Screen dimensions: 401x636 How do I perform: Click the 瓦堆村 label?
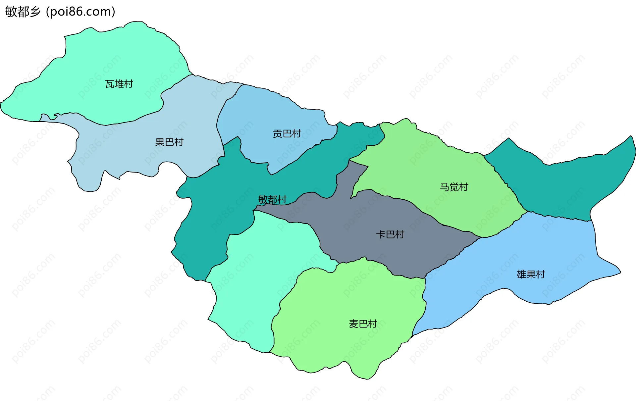point(119,84)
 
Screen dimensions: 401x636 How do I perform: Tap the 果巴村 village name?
point(169,142)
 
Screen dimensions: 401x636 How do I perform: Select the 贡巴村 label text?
point(287,133)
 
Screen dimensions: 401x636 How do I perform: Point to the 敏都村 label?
point(272,199)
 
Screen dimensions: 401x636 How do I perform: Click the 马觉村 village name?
point(454,187)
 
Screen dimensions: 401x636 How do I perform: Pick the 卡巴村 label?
point(390,234)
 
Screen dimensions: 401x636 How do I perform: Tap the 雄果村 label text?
point(531,274)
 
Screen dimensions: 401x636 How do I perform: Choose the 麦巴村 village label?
point(363,324)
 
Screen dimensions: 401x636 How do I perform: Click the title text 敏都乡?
point(23,12)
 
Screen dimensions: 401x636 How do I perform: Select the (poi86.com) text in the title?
point(80,12)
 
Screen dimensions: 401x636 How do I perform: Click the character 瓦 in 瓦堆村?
point(110,84)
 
